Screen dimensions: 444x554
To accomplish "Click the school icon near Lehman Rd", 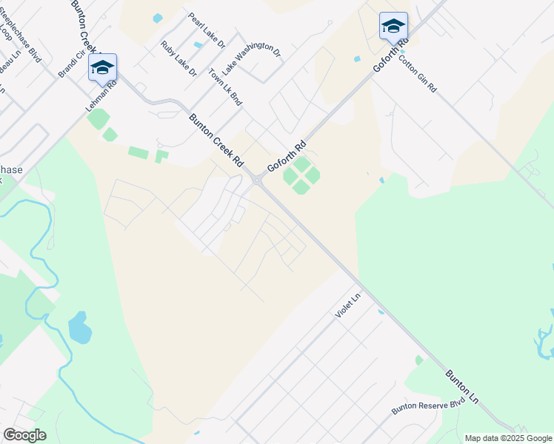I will [x=102, y=68].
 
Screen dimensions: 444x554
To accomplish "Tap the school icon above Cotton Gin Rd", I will [x=393, y=27].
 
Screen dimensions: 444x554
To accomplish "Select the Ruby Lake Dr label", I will [x=178, y=58].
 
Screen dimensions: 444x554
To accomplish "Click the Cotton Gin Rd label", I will [x=418, y=73].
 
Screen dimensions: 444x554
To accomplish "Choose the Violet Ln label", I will [x=347, y=305].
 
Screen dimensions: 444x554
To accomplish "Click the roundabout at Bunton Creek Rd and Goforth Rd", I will [x=256, y=181].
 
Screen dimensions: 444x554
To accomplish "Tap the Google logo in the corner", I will [x=24, y=435].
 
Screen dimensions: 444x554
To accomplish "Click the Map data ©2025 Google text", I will [x=508, y=438].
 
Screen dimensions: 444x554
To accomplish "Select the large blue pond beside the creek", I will [x=79, y=328].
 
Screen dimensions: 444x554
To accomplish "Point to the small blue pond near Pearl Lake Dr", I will [x=157, y=18].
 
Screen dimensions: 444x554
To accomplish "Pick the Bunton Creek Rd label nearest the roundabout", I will [x=216, y=139].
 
